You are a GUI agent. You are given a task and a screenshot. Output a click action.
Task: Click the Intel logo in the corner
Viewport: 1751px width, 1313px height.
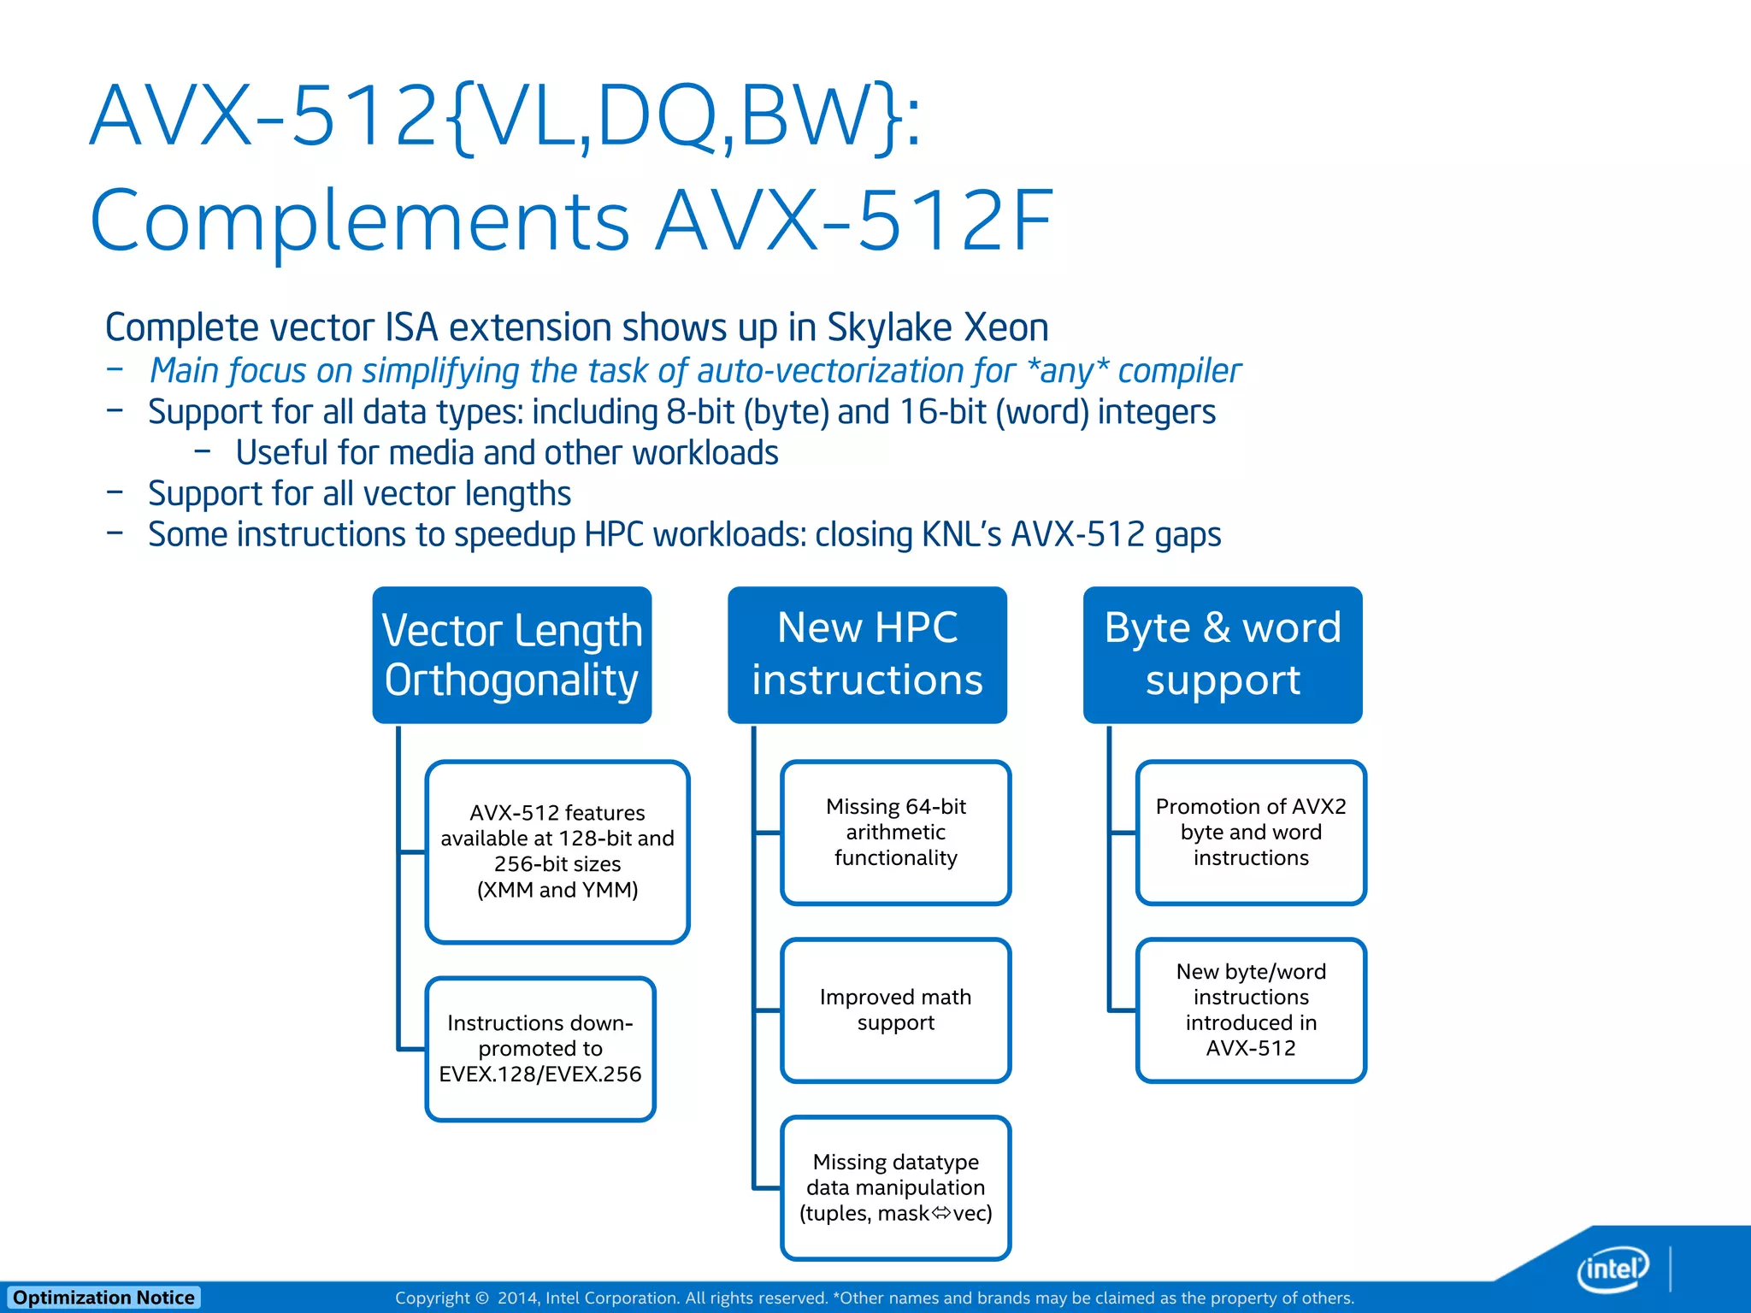(1612, 1269)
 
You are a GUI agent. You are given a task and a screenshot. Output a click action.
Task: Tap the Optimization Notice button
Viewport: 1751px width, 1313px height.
(103, 1298)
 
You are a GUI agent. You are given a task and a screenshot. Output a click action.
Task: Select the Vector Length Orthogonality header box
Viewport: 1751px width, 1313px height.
(512, 655)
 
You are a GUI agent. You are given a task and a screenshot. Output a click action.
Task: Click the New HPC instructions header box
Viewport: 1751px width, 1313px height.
(867, 655)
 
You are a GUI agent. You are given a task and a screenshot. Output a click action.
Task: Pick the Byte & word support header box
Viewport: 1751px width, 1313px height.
(1223, 655)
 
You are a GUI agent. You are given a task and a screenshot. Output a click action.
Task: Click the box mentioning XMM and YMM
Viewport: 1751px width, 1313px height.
(557, 851)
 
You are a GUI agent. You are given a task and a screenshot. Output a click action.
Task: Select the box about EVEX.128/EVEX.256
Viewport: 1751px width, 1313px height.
(540, 1048)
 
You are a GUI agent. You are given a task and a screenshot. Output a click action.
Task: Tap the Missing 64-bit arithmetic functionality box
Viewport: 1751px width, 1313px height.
(896, 832)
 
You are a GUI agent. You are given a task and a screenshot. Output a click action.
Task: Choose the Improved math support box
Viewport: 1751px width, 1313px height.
(896, 1010)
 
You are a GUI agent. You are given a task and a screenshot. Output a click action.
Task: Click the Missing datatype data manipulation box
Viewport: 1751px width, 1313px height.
(896, 1187)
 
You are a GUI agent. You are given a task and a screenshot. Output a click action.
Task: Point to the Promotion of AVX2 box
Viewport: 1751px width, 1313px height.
(1251, 832)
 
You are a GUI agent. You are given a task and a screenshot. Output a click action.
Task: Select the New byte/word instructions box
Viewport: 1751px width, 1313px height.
(1251, 1010)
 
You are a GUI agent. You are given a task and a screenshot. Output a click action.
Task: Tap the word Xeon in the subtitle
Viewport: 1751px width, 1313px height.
(1006, 328)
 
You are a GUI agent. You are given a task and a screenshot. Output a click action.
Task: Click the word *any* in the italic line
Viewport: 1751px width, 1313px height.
(1068, 371)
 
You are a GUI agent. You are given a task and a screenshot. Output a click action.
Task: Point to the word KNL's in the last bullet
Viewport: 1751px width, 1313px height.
(961, 535)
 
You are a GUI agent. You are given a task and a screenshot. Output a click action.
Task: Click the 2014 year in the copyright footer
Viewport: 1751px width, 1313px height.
(516, 1298)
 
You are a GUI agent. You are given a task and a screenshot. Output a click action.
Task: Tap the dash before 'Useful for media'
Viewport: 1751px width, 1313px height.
(203, 450)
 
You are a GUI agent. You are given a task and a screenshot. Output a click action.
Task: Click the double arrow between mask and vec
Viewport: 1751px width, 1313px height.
(940, 1213)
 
